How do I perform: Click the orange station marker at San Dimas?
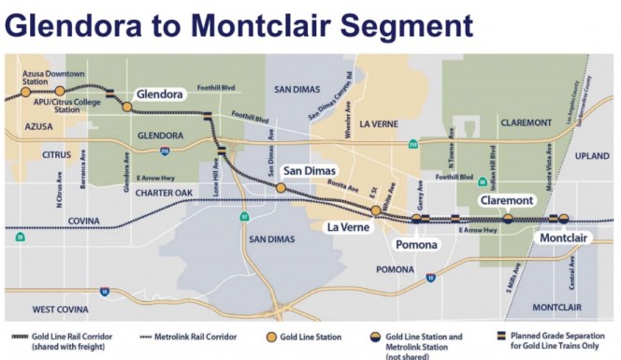click(x=281, y=188)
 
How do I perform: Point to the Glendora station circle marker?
click(x=127, y=107)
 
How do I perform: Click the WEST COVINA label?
click(x=59, y=308)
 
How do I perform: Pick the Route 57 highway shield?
click(x=244, y=217)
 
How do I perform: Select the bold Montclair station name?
click(x=564, y=238)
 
